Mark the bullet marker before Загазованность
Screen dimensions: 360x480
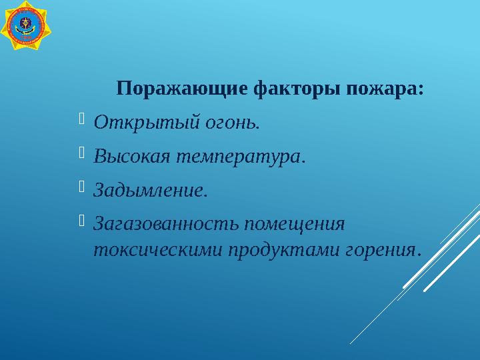(x=82, y=220)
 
